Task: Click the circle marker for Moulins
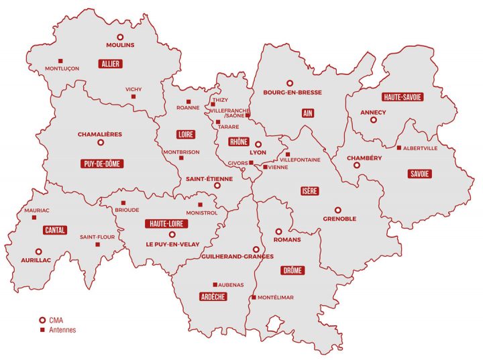click(121, 37)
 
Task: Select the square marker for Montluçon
click(61, 60)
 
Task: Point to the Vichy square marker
click(133, 97)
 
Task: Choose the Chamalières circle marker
click(101, 142)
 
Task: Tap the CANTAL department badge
click(54, 230)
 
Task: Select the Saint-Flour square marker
click(97, 245)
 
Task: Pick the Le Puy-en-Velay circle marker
click(172, 235)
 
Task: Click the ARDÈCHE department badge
click(213, 296)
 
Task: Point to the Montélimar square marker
click(253, 298)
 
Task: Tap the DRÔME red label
click(292, 270)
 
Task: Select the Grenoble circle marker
click(338, 210)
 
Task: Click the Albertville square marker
click(399, 148)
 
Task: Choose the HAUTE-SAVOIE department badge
click(402, 97)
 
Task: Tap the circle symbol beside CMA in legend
click(42, 320)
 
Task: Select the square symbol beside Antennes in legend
click(42, 330)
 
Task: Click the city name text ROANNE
click(188, 107)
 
